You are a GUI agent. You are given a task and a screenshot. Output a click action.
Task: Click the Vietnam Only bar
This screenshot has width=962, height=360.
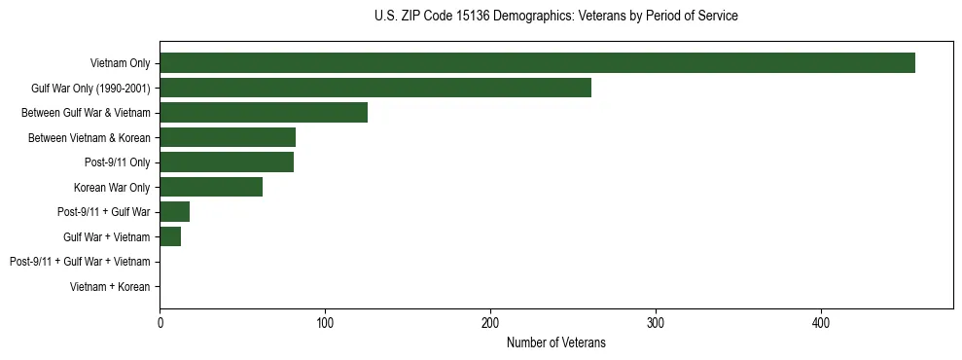click(537, 63)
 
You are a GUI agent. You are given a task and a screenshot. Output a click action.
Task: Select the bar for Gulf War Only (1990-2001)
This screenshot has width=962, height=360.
click(375, 88)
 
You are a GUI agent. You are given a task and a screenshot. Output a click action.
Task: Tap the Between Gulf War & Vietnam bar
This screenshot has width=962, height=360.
click(264, 113)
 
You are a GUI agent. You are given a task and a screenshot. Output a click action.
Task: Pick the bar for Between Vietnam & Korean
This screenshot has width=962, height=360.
click(228, 137)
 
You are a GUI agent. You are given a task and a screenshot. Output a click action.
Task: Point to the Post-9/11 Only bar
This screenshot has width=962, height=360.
click(227, 162)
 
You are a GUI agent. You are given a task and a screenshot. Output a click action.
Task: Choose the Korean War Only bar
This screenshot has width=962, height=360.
click(211, 187)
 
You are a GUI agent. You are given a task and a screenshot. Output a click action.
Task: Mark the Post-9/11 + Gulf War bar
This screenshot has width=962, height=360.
click(175, 212)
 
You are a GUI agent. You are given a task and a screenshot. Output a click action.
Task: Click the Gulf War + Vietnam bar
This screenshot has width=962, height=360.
click(170, 236)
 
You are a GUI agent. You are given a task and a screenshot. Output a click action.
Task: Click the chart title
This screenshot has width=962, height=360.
click(555, 17)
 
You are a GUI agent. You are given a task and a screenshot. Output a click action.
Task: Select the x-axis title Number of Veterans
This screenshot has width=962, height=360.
click(555, 342)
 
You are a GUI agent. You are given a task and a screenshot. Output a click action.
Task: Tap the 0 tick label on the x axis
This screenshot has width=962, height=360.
click(160, 322)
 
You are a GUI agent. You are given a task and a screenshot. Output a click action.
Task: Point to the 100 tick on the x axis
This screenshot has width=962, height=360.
click(325, 322)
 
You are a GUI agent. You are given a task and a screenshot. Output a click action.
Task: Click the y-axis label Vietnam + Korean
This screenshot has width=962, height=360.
click(110, 287)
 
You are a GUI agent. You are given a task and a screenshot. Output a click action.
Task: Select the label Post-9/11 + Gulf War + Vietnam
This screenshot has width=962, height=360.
click(80, 262)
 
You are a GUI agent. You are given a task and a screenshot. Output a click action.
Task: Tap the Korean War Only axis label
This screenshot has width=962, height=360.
click(112, 187)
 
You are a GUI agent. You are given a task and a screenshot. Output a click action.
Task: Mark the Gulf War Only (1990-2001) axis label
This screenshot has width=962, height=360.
click(90, 88)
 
